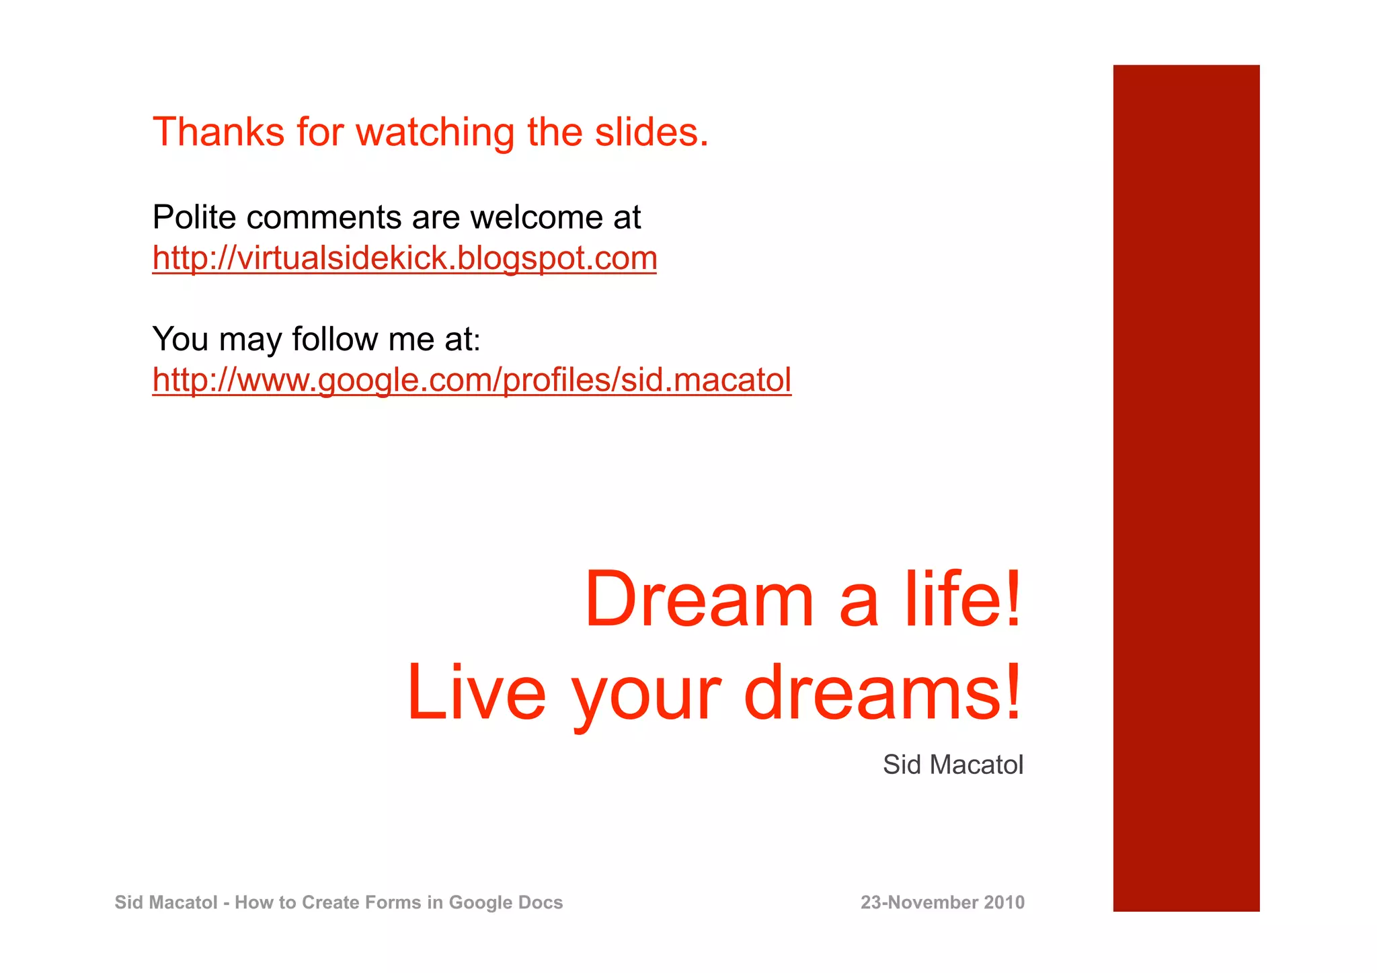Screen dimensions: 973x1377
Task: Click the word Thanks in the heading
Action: pos(219,132)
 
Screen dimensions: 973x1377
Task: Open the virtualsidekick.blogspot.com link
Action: pos(405,258)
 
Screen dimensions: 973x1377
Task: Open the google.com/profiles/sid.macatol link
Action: pos(472,380)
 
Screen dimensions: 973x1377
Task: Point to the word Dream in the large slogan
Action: pos(699,598)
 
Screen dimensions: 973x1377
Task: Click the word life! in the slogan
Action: pos(963,598)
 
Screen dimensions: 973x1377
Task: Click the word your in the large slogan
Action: pos(645,696)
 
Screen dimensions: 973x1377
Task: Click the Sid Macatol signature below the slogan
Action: pos(953,765)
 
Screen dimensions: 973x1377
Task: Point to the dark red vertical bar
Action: pos(1186,488)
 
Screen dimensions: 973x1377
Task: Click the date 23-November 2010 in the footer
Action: pos(943,902)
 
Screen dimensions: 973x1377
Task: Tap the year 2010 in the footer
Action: pos(1004,902)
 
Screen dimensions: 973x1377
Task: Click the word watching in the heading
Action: pos(435,132)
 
